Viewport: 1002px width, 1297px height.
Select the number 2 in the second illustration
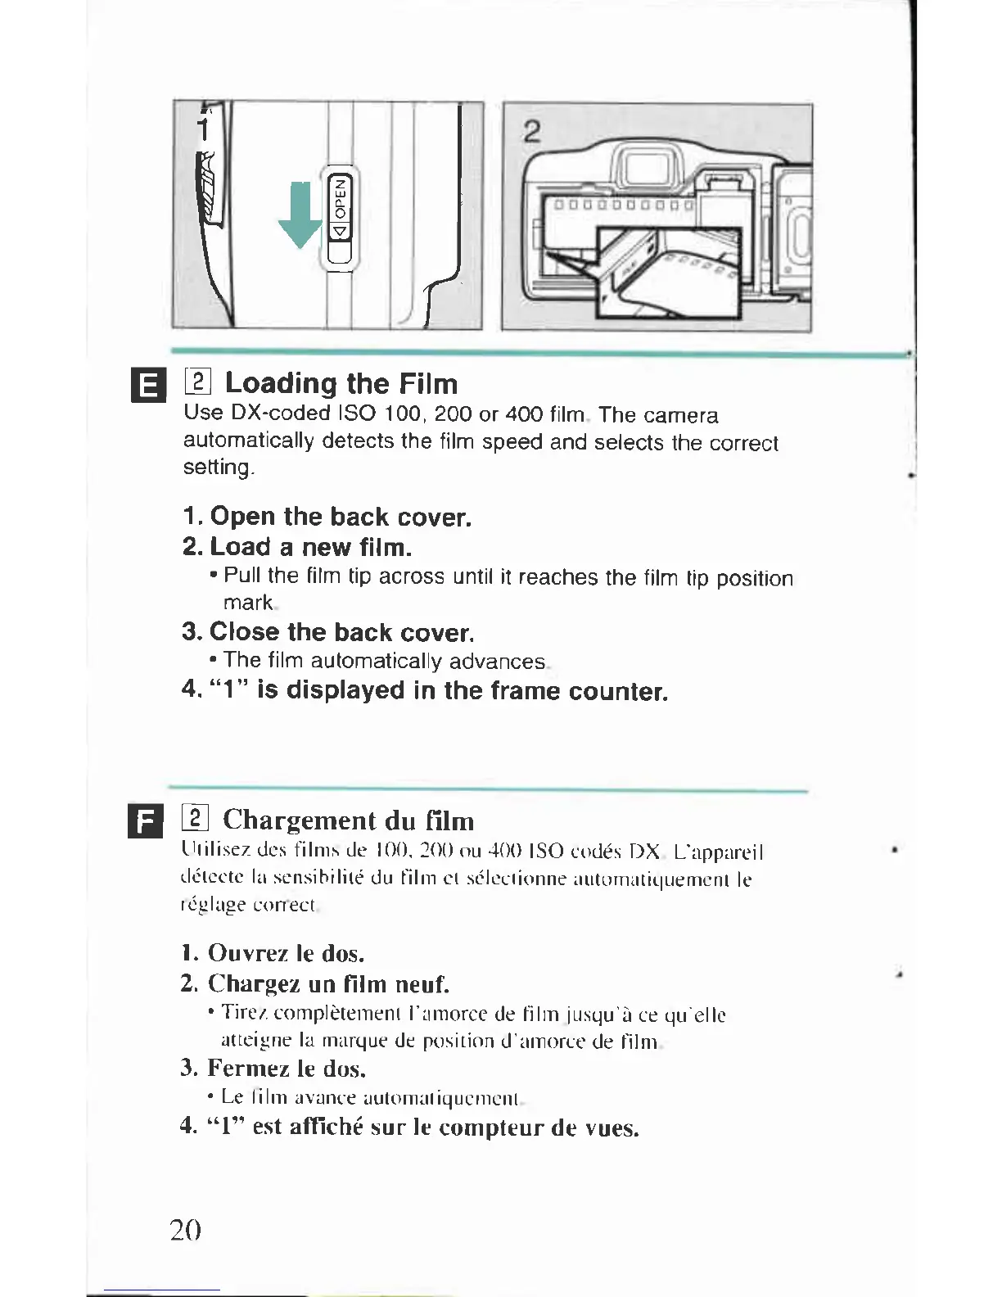coord(532,131)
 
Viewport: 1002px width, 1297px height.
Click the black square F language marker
coord(142,820)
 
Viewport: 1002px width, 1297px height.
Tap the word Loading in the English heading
coord(281,383)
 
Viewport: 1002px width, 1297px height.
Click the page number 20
coord(186,1229)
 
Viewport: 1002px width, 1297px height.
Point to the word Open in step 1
coord(243,517)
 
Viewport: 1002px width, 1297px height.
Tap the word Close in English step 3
coord(244,632)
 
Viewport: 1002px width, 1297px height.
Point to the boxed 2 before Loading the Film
coord(198,382)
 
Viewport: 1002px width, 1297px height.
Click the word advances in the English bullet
coord(497,662)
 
